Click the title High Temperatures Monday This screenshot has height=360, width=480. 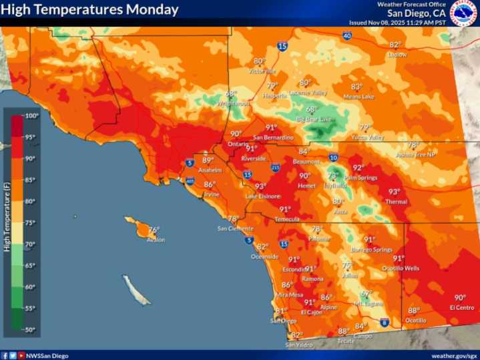91,10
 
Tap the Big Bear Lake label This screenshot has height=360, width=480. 314,119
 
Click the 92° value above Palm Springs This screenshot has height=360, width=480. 358,168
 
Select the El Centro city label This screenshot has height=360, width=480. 461,307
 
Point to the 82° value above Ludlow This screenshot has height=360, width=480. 395,45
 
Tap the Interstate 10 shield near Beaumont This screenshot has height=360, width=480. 333,158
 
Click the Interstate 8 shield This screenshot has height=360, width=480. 385,323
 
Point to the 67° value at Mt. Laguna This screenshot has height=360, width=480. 366,294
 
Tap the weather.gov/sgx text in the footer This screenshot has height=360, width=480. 454,355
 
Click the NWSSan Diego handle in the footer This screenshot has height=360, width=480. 47,355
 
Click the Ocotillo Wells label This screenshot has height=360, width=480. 401,268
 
